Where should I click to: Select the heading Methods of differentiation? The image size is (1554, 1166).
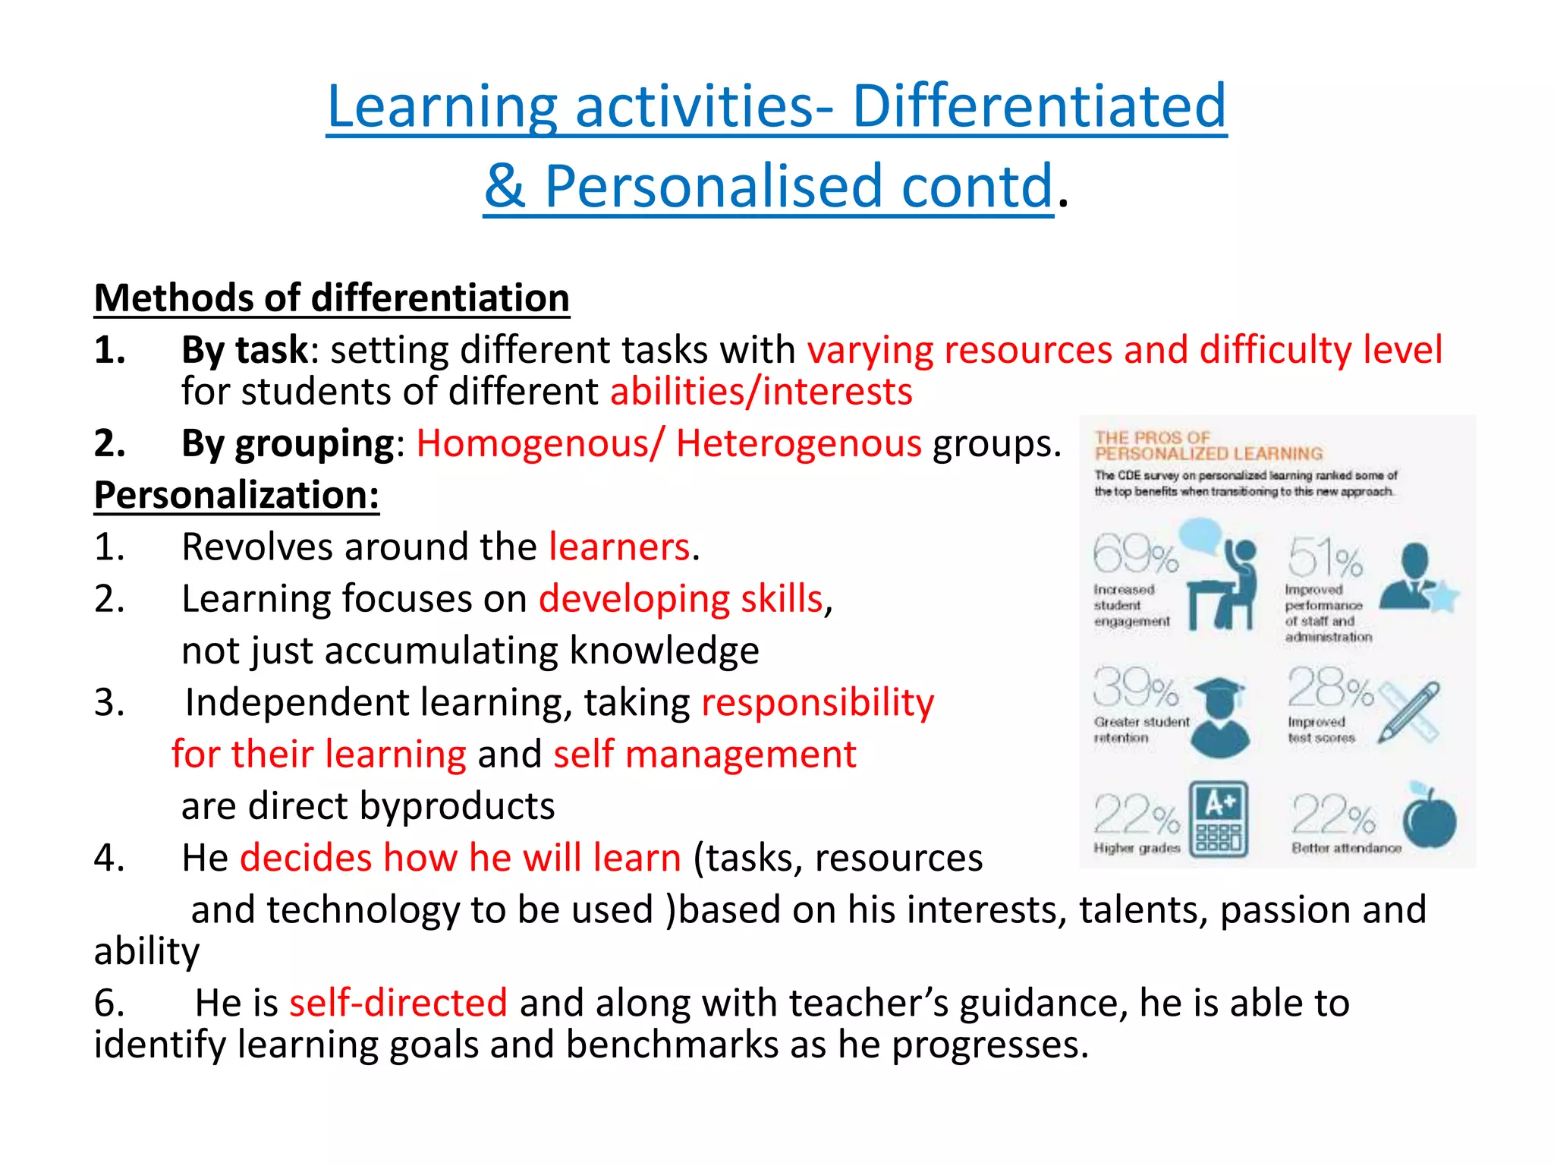[332, 298]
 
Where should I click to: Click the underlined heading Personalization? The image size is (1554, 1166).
[236, 496]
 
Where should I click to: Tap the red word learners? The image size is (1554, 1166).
[619, 547]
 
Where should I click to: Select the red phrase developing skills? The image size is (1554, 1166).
[681, 599]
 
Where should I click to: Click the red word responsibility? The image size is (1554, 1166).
[817, 703]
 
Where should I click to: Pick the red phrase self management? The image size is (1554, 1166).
[704, 755]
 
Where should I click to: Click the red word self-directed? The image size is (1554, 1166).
[398, 1003]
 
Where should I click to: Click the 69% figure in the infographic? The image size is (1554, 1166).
[1135, 555]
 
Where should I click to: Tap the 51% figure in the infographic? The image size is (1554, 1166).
[1325, 558]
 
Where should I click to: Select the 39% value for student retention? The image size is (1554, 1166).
[1135, 689]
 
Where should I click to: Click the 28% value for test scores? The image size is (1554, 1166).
[1329, 689]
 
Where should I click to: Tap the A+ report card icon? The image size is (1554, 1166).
[1219, 819]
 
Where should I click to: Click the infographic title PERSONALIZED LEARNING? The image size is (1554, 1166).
[1208, 454]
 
